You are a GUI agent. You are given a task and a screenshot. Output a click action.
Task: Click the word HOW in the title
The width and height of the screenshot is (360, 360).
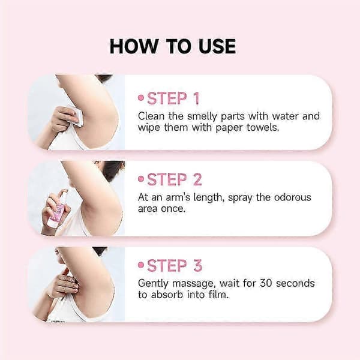(x=133, y=46)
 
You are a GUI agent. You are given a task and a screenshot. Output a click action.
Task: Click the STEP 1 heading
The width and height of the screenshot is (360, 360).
(x=173, y=98)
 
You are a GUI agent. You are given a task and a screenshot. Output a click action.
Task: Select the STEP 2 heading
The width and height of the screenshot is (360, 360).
(x=175, y=179)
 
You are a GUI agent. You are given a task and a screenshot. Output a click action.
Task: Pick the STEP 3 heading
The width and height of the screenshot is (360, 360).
(x=175, y=266)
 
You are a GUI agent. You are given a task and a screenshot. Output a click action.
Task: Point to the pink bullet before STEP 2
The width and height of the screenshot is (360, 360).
(x=141, y=179)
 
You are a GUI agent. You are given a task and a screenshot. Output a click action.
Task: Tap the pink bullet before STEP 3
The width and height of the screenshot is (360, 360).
(x=141, y=265)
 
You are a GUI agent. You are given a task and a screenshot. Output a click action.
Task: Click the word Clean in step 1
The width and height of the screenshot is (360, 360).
(x=151, y=116)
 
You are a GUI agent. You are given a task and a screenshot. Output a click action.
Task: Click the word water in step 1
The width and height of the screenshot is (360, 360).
(x=286, y=116)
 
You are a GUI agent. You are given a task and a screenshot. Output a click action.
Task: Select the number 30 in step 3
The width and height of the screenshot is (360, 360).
(x=266, y=283)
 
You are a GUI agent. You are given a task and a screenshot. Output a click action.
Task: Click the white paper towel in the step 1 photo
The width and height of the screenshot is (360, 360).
(x=76, y=116)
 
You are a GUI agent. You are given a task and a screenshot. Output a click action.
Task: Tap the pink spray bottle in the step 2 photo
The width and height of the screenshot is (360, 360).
(x=57, y=208)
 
